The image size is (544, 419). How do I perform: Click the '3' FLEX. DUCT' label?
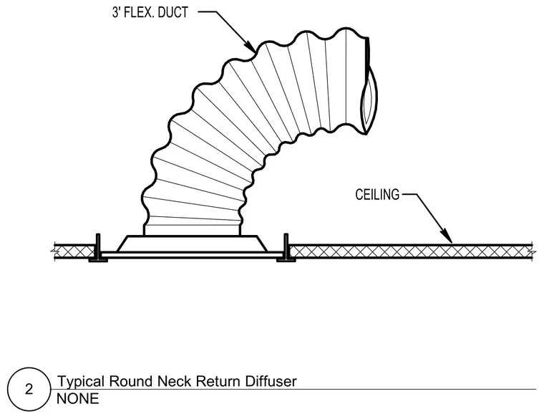(150, 13)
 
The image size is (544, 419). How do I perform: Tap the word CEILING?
(377, 195)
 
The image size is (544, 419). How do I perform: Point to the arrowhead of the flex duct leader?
(251, 47)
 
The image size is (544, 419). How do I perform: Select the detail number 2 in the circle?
(29, 389)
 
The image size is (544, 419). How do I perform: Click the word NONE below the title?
(78, 399)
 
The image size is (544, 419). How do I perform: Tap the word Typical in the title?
(80, 382)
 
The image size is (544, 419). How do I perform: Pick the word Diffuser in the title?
(271, 381)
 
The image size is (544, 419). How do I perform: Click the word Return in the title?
(218, 381)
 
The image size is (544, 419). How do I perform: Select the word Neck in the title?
(175, 381)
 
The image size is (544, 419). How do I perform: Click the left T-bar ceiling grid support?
(98, 248)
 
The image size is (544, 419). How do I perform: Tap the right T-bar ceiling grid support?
(286, 248)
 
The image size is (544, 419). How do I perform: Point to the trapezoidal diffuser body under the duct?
(192, 244)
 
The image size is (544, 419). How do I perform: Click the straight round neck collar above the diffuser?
(192, 229)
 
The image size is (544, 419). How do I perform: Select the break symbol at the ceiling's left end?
(54, 250)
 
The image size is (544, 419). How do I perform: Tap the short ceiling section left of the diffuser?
(75, 251)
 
